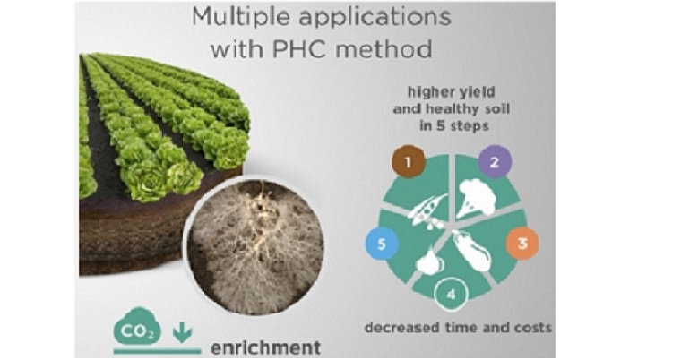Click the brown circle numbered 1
tap(409, 162)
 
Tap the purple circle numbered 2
tap(495, 162)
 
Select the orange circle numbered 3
tap(522, 244)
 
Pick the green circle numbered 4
tap(451, 295)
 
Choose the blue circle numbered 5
tap(382, 244)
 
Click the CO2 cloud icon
tap(137, 327)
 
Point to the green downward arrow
tap(183, 333)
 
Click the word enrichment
tap(265, 347)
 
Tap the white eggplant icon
tap(472, 252)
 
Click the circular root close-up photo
tap(255, 245)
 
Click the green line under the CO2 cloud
tap(157, 351)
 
